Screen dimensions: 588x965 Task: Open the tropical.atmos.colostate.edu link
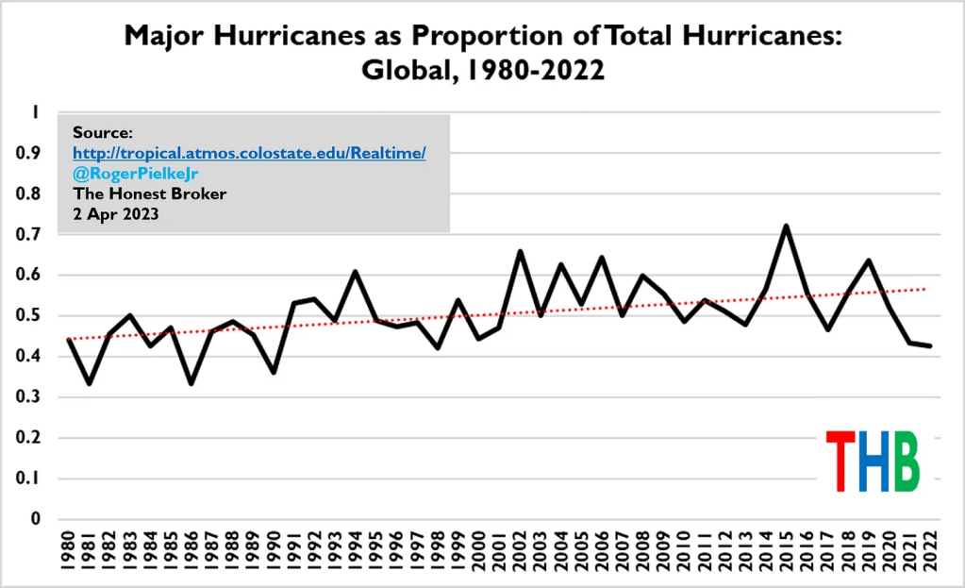coord(249,153)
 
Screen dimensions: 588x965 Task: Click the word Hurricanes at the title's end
coord(758,37)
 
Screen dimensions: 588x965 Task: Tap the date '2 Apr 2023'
coord(114,214)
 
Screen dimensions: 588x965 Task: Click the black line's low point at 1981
coord(89,383)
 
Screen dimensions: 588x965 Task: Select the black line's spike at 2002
coord(521,251)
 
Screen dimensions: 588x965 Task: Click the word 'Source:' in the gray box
coord(102,132)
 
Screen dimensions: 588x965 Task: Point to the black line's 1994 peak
coord(356,272)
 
